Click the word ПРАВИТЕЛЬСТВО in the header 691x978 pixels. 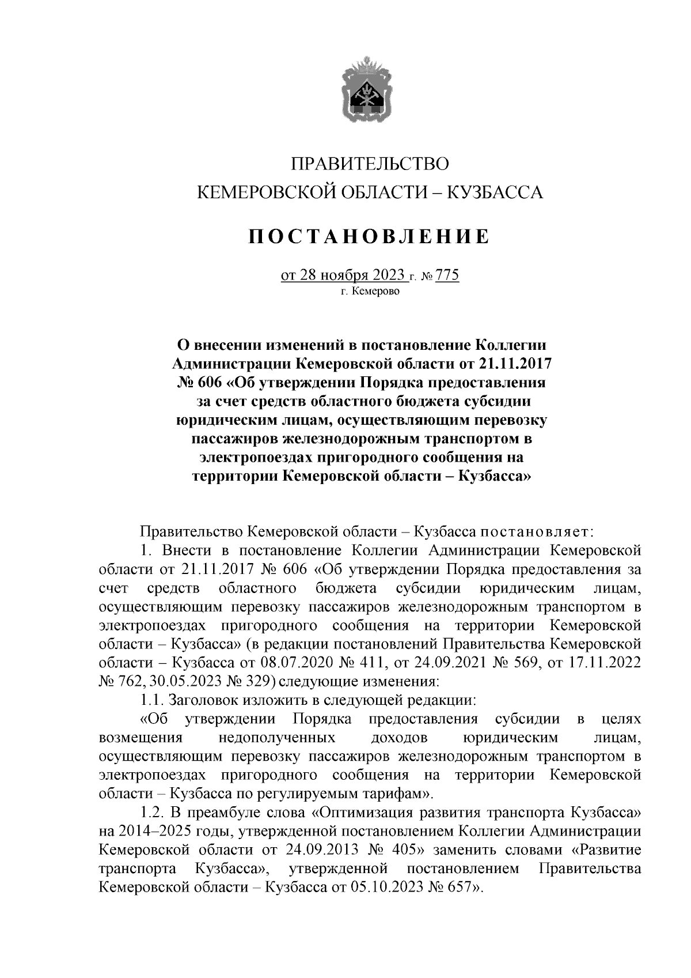tap(369, 164)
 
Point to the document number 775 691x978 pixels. tap(447, 275)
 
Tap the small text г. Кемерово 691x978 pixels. tap(369, 292)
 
